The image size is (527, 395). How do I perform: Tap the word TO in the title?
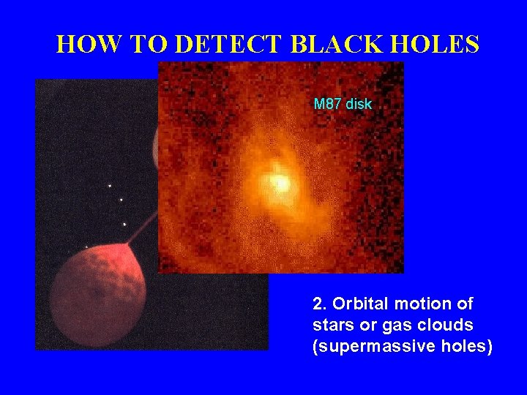148,45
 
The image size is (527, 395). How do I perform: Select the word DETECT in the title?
228,45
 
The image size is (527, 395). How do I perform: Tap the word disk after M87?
359,104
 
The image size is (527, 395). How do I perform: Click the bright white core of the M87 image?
279,182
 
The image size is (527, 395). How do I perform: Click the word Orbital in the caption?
356,304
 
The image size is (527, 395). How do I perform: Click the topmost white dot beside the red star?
110,186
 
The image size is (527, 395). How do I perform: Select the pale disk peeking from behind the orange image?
155,146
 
